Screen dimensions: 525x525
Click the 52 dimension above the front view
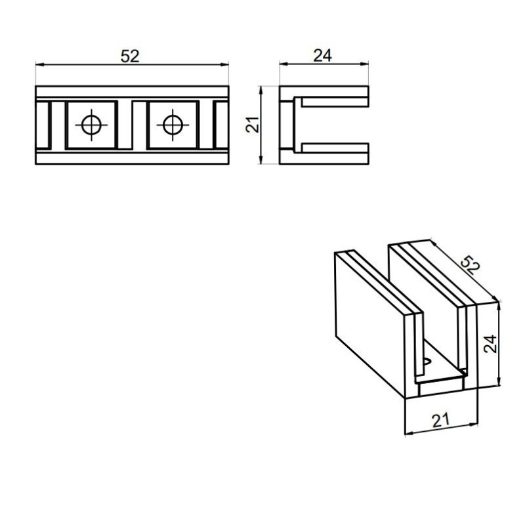pyautogui.click(x=130, y=56)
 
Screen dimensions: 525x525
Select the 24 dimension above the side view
pyautogui.click(x=322, y=56)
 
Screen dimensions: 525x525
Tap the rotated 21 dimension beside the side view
pyautogui.click(x=253, y=125)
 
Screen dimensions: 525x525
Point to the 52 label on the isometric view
pyautogui.click(x=470, y=265)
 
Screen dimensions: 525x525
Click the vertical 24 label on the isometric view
pyautogui.click(x=490, y=343)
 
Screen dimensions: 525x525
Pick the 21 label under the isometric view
pyautogui.click(x=440, y=421)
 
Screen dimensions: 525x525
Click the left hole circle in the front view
pyautogui.click(x=91, y=125)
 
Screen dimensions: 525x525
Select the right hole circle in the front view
pyautogui.click(x=173, y=125)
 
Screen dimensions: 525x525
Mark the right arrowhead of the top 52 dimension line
pyautogui.click(x=224, y=64)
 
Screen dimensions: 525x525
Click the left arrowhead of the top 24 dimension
pyautogui.click(x=283, y=64)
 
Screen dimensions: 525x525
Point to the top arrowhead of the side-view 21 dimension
pyautogui.click(x=261, y=91)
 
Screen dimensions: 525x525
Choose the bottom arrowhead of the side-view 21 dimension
pyautogui.click(x=261, y=159)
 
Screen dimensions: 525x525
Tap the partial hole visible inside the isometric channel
pyautogui.click(x=427, y=362)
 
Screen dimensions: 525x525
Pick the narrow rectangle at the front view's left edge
pyautogui.click(x=43, y=125)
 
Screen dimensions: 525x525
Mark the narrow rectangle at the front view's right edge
pyautogui.click(x=221, y=125)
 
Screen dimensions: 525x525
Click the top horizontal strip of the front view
pyautogui.click(x=133, y=92)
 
